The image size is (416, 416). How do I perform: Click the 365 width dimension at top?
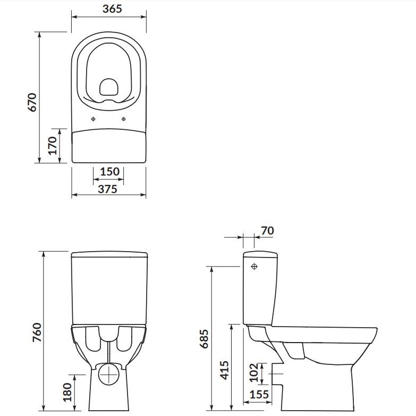(108, 9)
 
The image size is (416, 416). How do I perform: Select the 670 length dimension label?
(32, 101)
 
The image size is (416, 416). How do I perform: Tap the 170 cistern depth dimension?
(52, 145)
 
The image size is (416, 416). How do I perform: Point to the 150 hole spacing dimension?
(109, 172)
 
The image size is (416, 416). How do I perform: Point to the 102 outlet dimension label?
(253, 372)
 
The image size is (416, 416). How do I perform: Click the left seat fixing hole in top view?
(94, 119)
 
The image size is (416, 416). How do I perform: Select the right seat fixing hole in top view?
(124, 119)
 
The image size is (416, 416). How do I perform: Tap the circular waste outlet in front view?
(109, 373)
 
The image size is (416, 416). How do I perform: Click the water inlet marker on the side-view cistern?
(254, 265)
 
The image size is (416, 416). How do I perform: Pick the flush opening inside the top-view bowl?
(109, 87)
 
